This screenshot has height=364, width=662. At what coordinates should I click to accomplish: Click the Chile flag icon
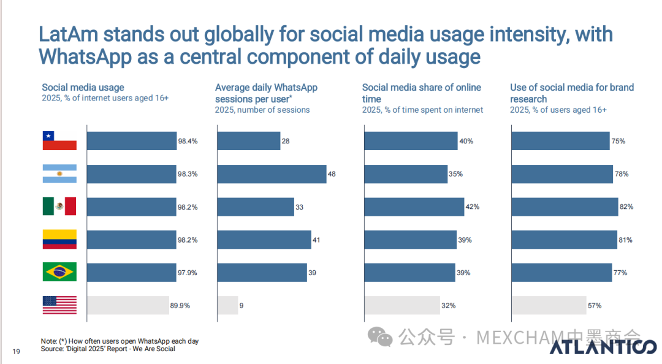(59, 141)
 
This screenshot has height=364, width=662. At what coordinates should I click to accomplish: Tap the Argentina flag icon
(59, 173)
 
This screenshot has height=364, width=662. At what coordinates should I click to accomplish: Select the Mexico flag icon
(59, 207)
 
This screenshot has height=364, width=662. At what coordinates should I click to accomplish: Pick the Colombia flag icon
(59, 240)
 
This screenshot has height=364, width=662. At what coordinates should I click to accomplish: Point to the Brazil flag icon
(59, 272)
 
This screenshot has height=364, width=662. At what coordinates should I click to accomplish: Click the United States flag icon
(59, 305)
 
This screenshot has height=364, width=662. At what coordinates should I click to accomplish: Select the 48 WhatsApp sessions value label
(332, 174)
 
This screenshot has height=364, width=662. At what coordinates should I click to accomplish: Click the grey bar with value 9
(227, 305)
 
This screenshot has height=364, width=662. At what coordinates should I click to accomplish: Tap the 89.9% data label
(180, 305)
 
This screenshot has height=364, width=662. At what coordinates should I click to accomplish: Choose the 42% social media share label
(473, 207)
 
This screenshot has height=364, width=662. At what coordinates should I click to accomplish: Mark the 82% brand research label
(626, 207)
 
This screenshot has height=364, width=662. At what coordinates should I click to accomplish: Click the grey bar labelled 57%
(549, 305)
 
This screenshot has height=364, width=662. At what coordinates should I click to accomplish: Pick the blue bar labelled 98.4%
(131, 141)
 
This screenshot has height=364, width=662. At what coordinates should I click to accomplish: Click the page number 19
(17, 351)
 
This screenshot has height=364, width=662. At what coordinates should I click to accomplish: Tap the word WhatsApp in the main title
(85, 56)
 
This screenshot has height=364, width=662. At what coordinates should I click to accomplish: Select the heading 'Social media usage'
(83, 88)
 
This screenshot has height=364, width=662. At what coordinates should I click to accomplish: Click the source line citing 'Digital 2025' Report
(108, 349)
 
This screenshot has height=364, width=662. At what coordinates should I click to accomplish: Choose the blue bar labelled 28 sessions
(248, 141)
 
